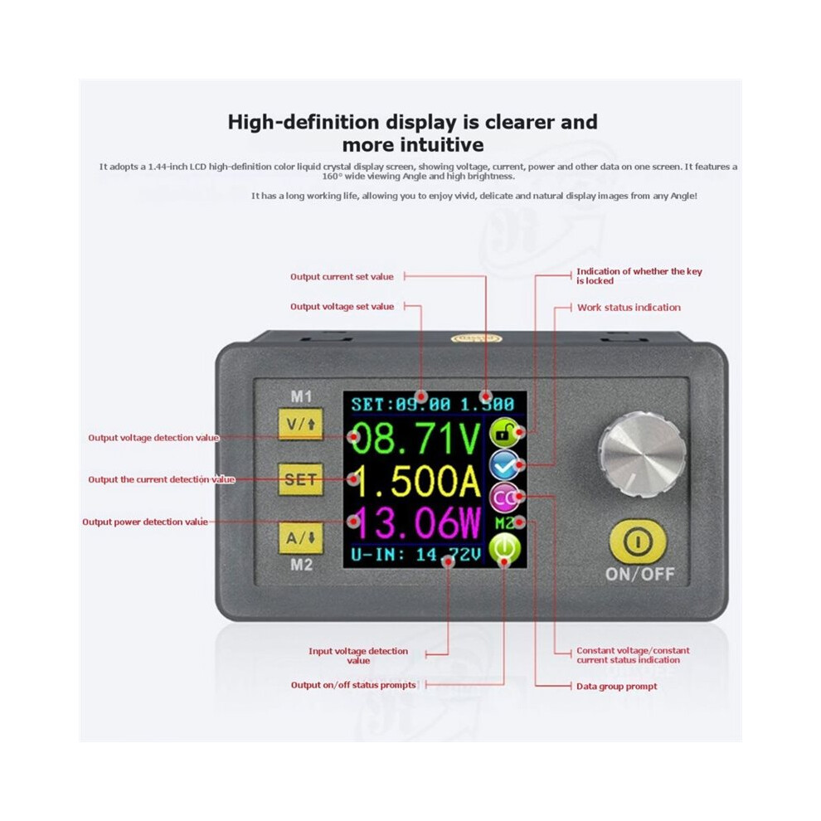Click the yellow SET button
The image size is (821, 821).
coord(300,479)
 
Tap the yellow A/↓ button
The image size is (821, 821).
coord(300,537)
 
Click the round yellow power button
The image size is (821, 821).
coord(638,542)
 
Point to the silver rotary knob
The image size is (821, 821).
coord(643,453)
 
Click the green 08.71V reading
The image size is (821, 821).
coord(415,438)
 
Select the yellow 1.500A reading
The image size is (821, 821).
coord(415,481)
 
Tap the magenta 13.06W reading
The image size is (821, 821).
coord(415,523)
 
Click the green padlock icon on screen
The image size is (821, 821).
coord(504,434)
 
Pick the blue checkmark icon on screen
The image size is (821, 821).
coord(504,465)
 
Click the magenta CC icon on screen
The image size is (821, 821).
coord(504,498)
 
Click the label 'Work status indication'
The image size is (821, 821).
coord(629,308)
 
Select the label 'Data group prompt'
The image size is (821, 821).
coord(616,686)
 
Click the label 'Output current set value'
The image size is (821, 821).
coord(342,276)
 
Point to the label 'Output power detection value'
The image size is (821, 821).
coord(145,522)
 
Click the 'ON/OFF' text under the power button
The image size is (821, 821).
coord(640,575)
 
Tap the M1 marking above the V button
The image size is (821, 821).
coord(301,396)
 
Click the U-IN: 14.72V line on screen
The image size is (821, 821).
coord(416,555)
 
